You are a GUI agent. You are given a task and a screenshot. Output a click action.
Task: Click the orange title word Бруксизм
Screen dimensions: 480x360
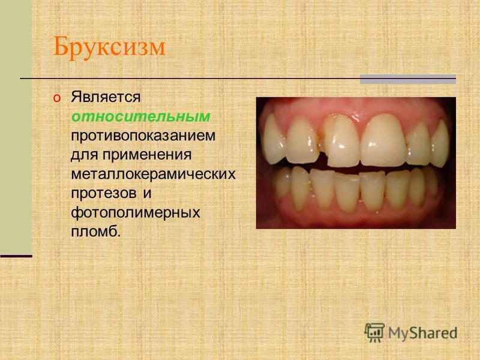tap(109, 47)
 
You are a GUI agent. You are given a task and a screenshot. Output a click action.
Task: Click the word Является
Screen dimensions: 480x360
tap(106, 97)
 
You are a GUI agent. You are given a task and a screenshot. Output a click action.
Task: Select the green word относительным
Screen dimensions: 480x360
tap(141, 116)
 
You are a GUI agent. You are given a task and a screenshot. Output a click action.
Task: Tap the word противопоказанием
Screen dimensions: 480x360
tap(143, 136)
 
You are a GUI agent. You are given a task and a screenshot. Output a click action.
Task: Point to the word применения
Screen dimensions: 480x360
tap(147, 155)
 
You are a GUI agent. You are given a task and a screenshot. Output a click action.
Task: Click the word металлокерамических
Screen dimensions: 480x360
tap(154, 174)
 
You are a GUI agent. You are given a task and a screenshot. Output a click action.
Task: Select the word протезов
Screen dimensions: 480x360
tap(103, 193)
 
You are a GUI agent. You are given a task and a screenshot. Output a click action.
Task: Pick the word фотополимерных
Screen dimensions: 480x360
tap(136, 212)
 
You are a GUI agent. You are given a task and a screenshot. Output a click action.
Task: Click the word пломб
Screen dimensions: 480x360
tap(96, 231)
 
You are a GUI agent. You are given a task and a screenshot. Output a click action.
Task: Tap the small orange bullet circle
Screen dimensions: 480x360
tap(57, 98)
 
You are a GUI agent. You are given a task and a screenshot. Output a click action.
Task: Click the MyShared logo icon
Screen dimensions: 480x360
tap(374, 332)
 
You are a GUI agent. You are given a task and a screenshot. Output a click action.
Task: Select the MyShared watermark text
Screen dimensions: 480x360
tap(423, 333)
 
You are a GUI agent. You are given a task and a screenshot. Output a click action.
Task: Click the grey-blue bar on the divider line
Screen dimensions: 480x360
tap(408, 79)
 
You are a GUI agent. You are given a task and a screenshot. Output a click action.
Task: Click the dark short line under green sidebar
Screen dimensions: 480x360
tap(16, 256)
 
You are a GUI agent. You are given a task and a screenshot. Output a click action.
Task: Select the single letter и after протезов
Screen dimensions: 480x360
tap(147, 193)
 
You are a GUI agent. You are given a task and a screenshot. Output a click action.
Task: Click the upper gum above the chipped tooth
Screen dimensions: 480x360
tap(338, 107)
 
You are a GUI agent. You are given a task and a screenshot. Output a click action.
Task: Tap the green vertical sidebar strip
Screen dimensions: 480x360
tap(16, 127)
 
